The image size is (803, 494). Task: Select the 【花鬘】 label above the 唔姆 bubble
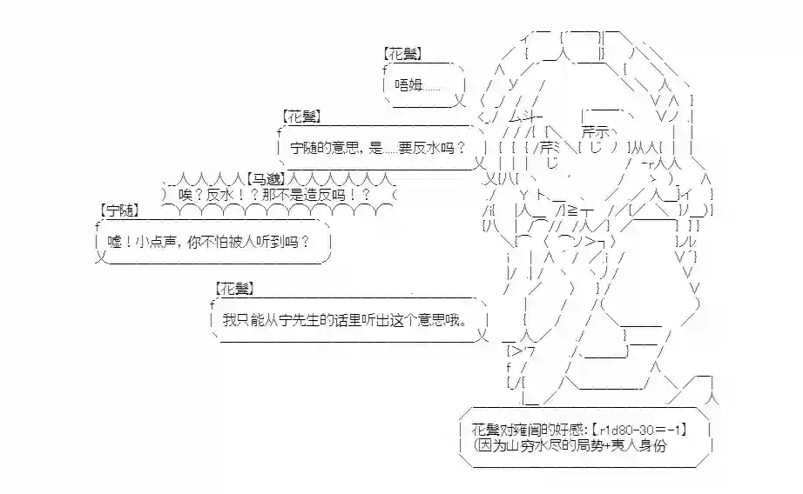403,54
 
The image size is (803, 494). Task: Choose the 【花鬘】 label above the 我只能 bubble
235,288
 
